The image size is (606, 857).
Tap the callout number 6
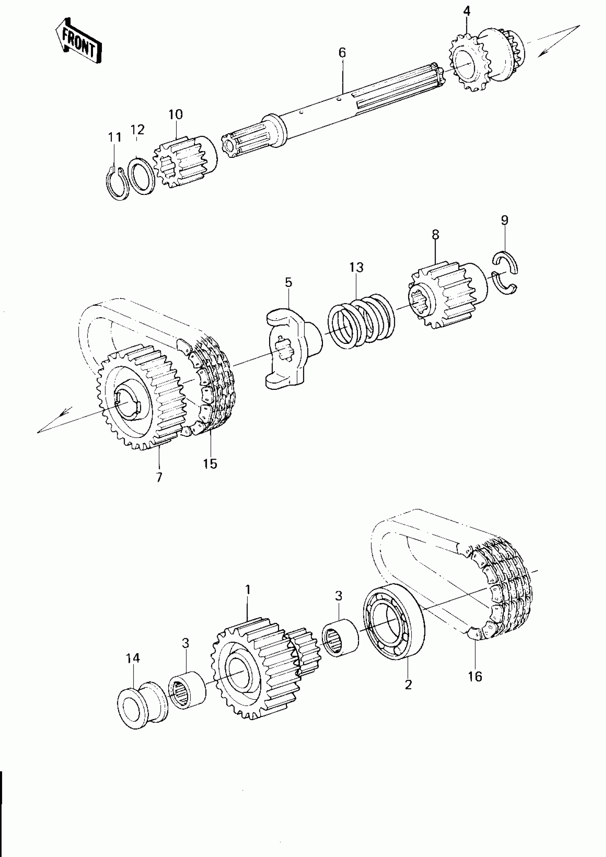point(342,53)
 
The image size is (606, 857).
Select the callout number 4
point(466,11)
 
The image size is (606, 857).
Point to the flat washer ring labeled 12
point(142,176)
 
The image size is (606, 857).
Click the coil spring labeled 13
point(361,321)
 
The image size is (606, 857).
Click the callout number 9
point(504,220)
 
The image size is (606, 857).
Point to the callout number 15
point(210,464)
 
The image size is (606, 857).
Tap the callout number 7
point(159,477)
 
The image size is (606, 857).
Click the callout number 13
point(356,267)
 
